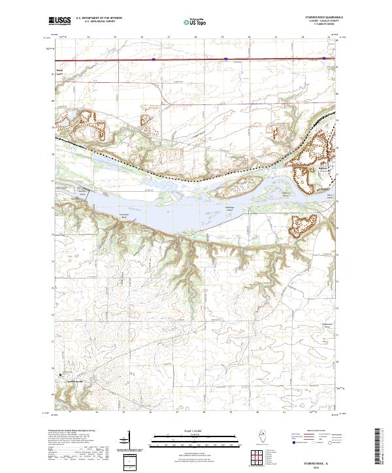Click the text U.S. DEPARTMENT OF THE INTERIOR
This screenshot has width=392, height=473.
[x=98, y=18]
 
